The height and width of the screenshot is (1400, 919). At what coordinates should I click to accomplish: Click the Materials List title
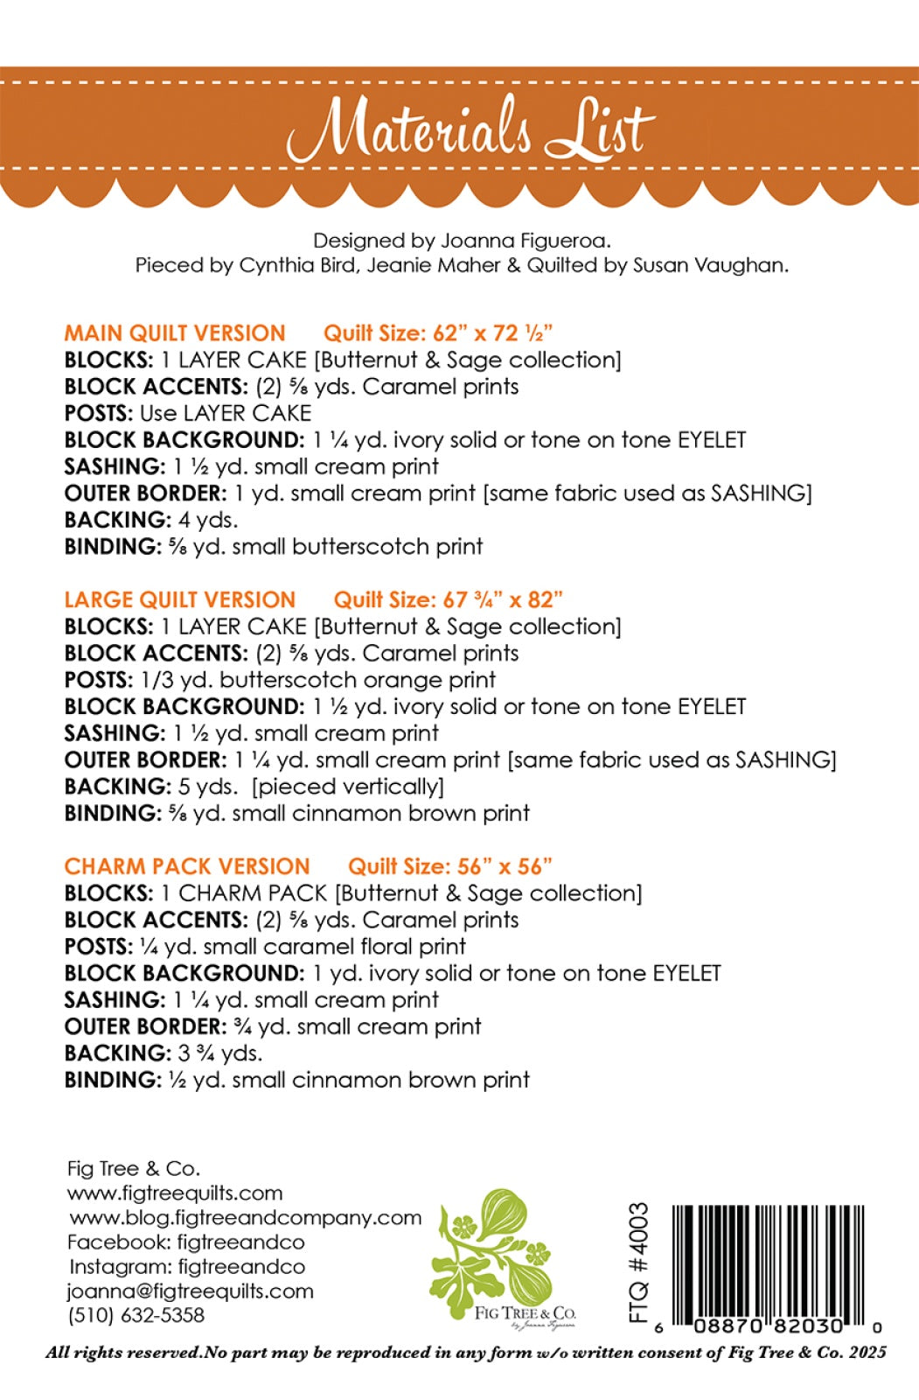click(470, 129)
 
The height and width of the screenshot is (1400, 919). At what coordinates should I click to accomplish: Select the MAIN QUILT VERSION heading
click(175, 333)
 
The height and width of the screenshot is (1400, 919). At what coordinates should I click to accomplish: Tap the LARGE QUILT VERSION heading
click(180, 600)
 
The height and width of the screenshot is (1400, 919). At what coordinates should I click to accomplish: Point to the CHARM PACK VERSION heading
click(187, 867)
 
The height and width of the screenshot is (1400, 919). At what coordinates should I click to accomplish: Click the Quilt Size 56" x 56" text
click(450, 867)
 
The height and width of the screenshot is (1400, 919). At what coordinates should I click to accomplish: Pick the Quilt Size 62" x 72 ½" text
click(438, 333)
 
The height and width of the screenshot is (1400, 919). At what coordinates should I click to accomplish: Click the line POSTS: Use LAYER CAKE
click(188, 413)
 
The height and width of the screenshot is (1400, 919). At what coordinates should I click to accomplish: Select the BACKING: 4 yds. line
click(151, 520)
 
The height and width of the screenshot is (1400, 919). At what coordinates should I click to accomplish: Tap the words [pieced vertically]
click(348, 787)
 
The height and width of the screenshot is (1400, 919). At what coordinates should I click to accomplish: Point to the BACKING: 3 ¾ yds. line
click(164, 1053)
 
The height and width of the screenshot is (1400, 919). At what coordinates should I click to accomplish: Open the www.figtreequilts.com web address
click(175, 1193)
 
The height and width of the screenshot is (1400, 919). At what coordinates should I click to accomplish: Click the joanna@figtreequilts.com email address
click(190, 1291)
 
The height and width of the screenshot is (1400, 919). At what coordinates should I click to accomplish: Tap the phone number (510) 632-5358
click(136, 1315)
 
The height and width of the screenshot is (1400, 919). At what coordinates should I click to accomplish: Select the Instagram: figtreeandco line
click(187, 1266)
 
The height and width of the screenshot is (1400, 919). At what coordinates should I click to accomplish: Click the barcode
click(768, 1260)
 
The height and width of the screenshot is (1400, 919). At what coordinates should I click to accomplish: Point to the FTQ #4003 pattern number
click(639, 1262)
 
